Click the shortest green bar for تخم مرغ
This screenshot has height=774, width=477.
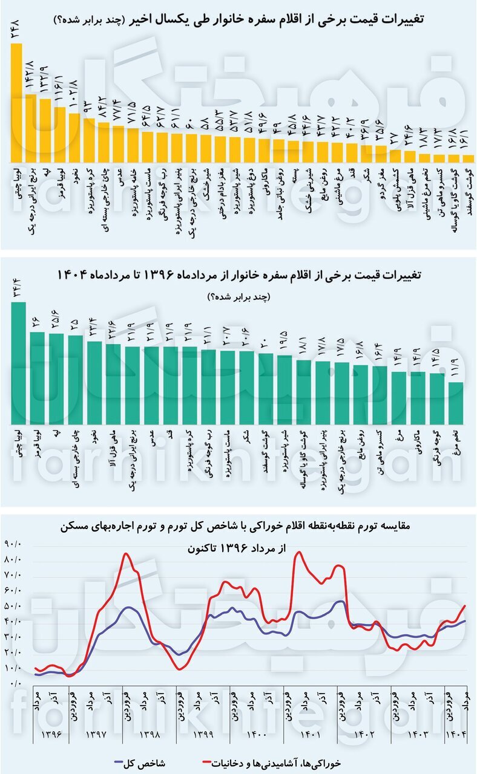coord(456,403)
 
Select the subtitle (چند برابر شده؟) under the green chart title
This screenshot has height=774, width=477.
coord(238,296)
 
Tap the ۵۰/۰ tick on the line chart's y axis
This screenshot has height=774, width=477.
coord(13,606)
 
